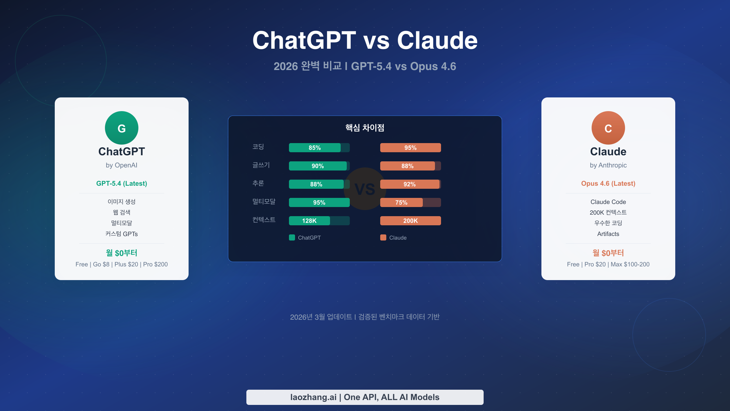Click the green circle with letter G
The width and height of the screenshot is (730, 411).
point(122,128)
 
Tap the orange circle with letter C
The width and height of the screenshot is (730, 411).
point(608,128)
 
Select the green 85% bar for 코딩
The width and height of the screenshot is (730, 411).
point(315,148)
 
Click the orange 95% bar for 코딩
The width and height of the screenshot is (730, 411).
point(411,148)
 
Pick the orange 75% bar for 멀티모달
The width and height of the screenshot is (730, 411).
point(401,202)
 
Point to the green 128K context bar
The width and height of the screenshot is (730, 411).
point(309,221)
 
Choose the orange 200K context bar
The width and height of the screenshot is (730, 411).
point(411,221)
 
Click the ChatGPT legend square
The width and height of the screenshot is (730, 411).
point(292,237)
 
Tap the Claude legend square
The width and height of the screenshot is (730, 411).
point(383,237)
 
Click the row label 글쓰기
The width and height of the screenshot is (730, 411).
point(261,165)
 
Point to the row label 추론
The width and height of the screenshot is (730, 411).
point(258,183)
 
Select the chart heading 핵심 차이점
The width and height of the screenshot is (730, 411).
point(365,128)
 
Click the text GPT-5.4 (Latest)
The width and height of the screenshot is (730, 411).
point(122,184)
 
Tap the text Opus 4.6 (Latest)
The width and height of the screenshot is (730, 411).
point(608,184)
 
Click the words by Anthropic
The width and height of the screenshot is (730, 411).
point(608,165)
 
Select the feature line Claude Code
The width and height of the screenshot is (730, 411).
point(608,202)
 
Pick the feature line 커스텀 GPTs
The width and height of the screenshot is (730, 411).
point(122,234)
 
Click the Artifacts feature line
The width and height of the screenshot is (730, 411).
point(608,234)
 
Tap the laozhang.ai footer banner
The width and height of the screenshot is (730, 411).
point(365,397)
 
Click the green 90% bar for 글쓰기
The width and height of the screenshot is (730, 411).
point(318,166)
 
